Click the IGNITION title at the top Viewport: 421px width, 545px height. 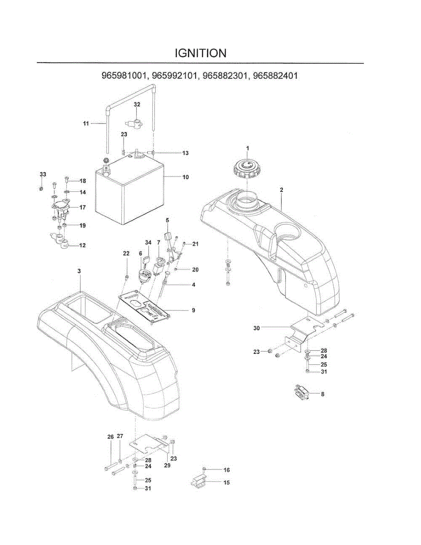tap(200, 53)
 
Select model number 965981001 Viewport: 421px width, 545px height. tap(124, 76)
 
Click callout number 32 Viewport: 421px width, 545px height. tap(137, 104)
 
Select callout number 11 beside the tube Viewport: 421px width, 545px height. tap(86, 123)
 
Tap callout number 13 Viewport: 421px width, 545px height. tap(185, 153)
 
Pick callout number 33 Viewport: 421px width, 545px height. tap(43, 174)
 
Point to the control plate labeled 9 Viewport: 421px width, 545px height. tap(144, 307)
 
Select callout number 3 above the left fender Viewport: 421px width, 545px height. tap(79, 271)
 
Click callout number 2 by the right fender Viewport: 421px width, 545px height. tap(282, 189)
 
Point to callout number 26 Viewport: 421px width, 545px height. tap(110, 436)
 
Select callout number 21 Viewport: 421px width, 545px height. tap(195, 244)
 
